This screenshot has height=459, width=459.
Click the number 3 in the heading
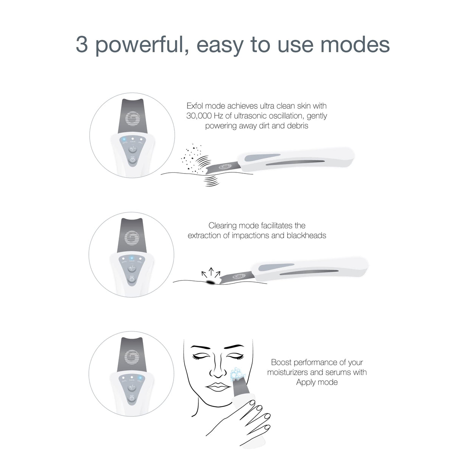coord(82,45)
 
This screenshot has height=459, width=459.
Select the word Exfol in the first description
coord(195,106)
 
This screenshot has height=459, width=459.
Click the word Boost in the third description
coord(281,362)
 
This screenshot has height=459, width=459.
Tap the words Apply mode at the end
coord(317,382)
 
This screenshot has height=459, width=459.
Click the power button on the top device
coord(132,160)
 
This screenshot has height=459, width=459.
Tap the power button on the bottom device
coord(132,398)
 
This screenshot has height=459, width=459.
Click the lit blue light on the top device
coord(124,140)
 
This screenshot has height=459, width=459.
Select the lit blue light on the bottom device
coord(140,378)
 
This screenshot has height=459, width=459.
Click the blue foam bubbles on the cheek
coord(237,375)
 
